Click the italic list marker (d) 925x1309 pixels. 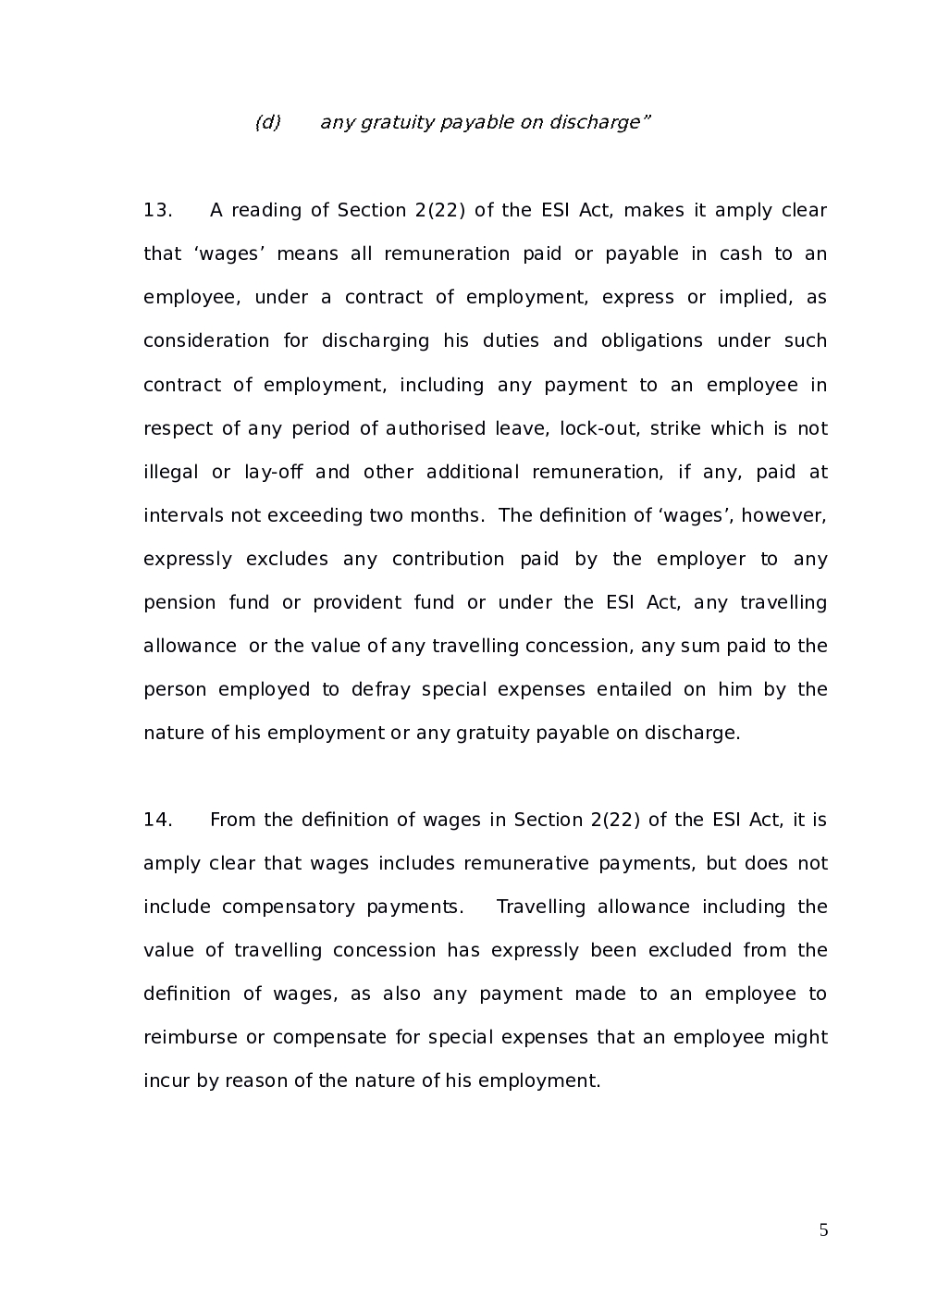tap(267, 123)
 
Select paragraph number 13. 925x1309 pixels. tap(157, 211)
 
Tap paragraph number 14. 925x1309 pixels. tap(157, 820)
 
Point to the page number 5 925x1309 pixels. tap(824, 1230)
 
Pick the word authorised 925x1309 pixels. tap(436, 428)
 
